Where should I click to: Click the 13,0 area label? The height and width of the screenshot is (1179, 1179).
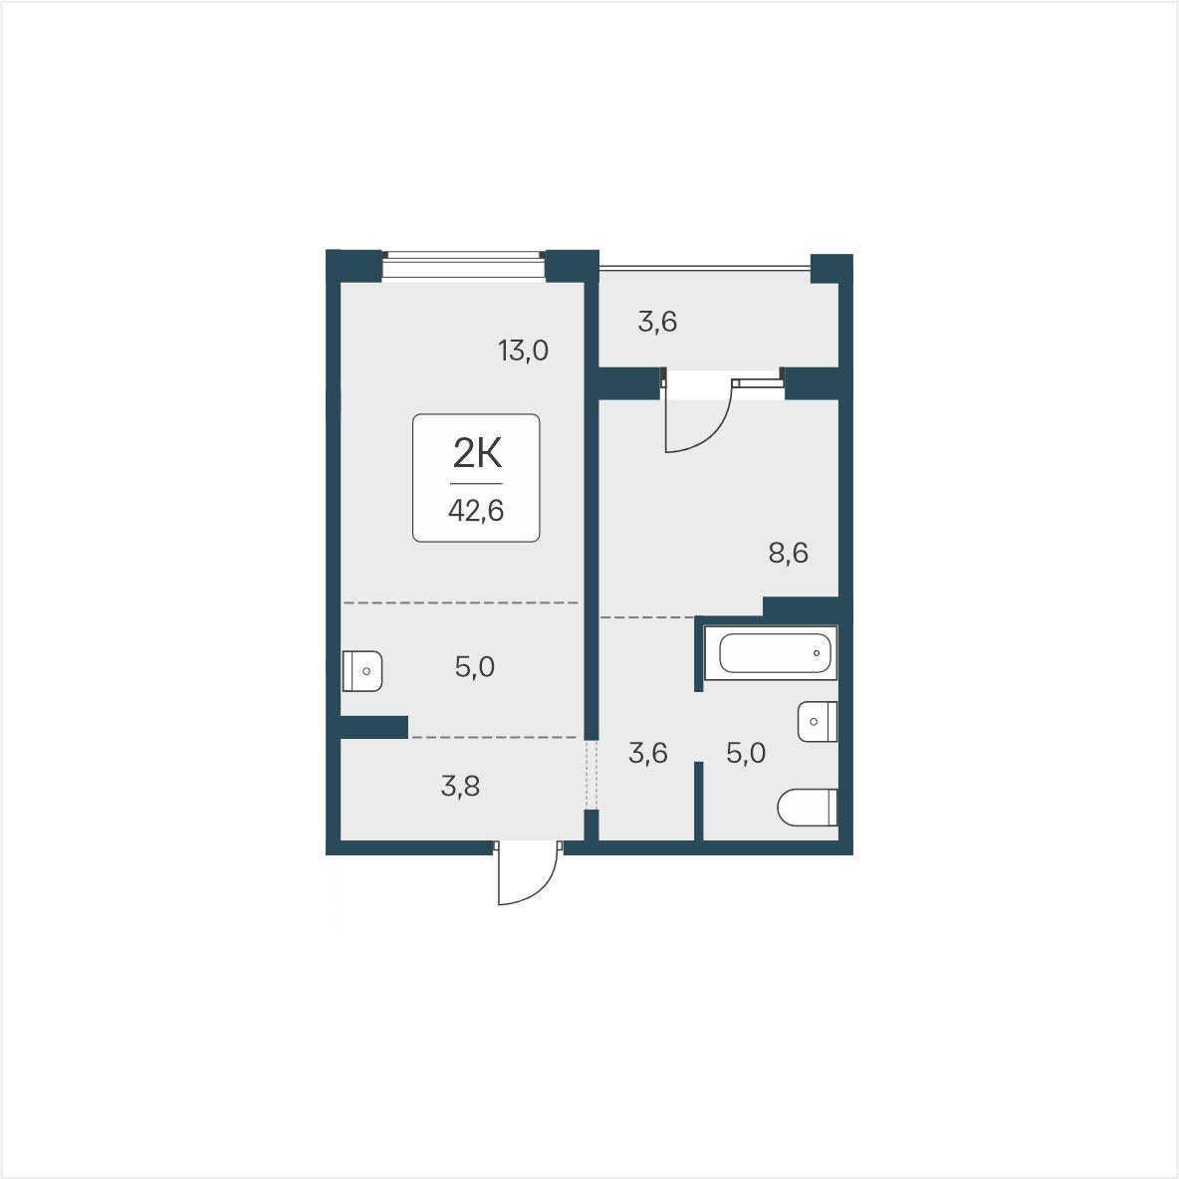click(524, 351)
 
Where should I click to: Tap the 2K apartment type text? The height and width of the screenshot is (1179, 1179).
click(477, 453)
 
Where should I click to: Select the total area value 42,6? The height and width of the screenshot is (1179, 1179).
click(476, 511)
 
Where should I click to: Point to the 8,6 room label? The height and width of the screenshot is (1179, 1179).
click(788, 554)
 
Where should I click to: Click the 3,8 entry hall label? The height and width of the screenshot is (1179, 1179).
click(460, 787)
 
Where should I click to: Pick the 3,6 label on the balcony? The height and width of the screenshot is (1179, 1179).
click(658, 322)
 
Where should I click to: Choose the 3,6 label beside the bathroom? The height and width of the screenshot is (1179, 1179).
click(648, 753)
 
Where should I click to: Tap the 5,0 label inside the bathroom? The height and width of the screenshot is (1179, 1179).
click(746, 753)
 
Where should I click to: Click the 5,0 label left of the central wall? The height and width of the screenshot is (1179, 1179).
click(474, 667)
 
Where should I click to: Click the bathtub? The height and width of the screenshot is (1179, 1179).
click(771, 652)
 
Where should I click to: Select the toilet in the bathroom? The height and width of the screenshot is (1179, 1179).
click(807, 807)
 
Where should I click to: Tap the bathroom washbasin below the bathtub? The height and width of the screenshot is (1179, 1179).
click(818, 722)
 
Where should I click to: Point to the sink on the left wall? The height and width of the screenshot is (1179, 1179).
click(362, 671)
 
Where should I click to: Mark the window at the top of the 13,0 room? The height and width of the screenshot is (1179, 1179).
click(463, 266)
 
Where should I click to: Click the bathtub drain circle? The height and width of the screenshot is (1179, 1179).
click(817, 652)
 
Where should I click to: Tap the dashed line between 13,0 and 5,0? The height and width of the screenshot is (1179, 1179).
click(461, 603)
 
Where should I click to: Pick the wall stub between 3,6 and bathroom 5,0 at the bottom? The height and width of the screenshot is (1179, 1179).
click(698, 801)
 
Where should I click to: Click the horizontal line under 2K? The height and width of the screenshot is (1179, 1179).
click(476, 484)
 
